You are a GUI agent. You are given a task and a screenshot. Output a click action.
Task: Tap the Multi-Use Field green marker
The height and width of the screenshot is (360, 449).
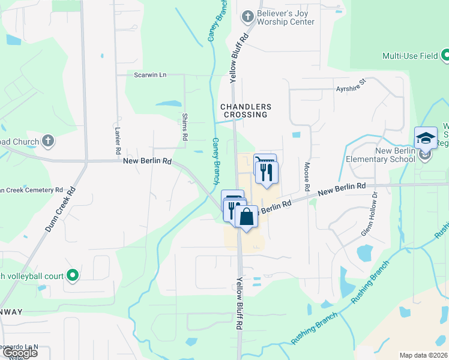[445, 56]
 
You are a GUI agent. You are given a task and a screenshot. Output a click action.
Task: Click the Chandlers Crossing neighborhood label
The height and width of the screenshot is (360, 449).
[246, 110]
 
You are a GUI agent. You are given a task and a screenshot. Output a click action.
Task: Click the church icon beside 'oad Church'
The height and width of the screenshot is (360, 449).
[48, 142]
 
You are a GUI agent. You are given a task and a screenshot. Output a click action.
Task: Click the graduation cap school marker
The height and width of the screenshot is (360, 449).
[426, 138]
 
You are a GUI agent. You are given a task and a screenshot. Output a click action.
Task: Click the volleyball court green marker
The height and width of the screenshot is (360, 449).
[73, 275]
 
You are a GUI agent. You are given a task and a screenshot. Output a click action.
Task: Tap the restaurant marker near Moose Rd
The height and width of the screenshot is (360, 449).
[267, 172]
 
